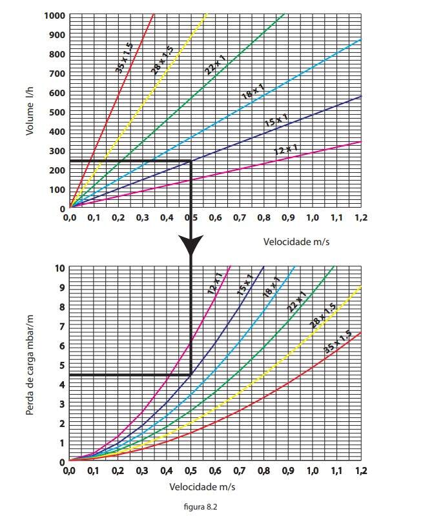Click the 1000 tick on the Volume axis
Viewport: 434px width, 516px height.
55,15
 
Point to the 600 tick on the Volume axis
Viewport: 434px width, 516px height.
57,93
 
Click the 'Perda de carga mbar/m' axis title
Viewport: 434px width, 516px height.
30,365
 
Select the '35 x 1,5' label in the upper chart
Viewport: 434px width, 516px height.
125,57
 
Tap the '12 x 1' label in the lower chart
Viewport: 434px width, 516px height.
215,284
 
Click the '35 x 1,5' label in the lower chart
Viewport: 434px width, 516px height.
337,342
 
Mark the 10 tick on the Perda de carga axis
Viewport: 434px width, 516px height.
60,268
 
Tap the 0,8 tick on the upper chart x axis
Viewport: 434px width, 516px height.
263,218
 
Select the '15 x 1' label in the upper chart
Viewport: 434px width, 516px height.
276,121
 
